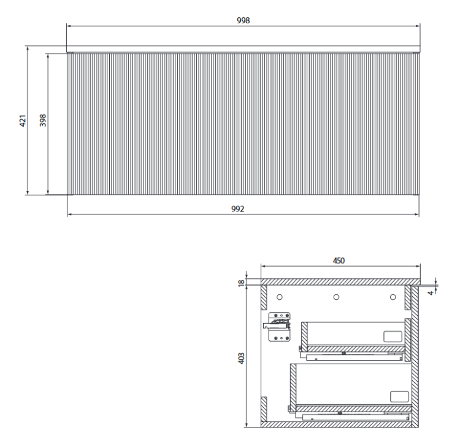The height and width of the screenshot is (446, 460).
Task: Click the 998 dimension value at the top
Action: coord(243,20)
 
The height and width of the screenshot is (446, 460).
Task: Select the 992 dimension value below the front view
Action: coord(238,209)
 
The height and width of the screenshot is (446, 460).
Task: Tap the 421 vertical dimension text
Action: coord(21,120)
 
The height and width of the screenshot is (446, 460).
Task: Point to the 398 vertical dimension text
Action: coord(42,120)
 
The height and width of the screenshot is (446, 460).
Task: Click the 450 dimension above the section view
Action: coord(339,260)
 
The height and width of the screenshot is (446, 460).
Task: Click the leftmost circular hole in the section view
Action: coord(280,297)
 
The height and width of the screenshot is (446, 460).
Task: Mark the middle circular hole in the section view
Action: coord(336,297)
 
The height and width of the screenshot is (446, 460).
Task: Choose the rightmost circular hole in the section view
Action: coord(393,297)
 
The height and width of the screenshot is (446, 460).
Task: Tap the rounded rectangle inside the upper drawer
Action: coord(392,336)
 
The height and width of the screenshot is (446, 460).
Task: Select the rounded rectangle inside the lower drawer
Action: coord(399,396)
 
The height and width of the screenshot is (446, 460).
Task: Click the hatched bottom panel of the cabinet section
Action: coord(337,423)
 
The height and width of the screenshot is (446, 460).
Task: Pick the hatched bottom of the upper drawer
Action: coord(356,348)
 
